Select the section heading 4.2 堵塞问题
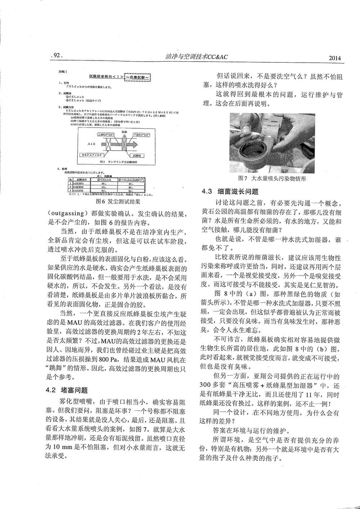pos(67,390)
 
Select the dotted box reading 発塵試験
pos(137,77)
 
